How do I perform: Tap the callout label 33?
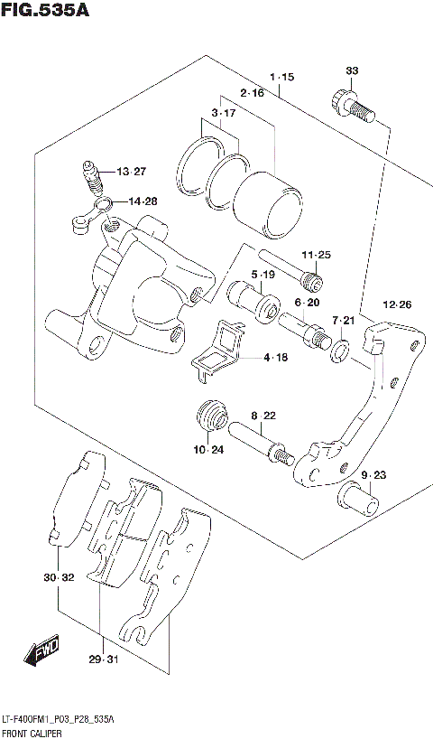(x=352, y=70)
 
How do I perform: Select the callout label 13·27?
(x=130, y=172)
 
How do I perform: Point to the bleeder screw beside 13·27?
(x=90, y=176)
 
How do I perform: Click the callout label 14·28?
(x=142, y=201)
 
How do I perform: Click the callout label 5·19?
(x=263, y=275)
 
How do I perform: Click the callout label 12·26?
(x=397, y=304)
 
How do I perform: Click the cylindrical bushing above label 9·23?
(x=359, y=498)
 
